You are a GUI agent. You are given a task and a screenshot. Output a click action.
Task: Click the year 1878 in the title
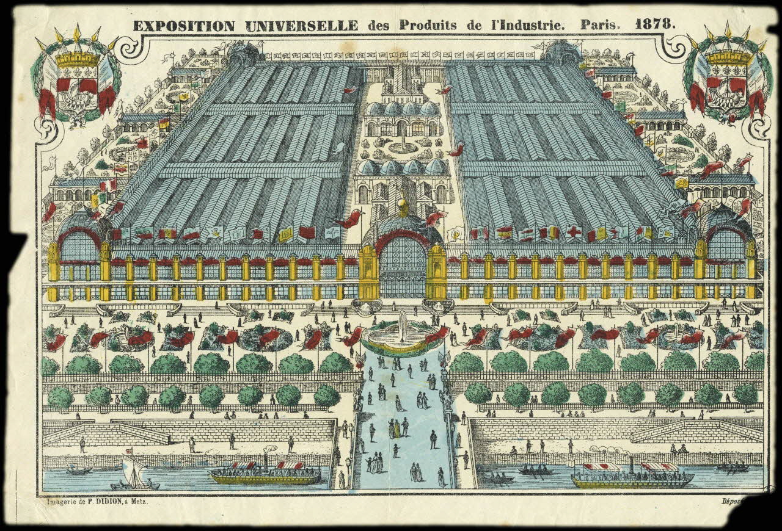coord(655,25)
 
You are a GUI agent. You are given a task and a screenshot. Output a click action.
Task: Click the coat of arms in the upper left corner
coord(77,76)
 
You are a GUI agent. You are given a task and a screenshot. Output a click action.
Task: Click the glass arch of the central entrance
coord(402,265)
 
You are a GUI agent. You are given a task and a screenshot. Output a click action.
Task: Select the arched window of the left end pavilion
coord(79,247)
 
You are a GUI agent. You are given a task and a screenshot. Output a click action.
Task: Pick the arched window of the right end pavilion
coord(725,245)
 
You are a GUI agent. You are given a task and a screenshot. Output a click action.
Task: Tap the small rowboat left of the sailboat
coord(79,471)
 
